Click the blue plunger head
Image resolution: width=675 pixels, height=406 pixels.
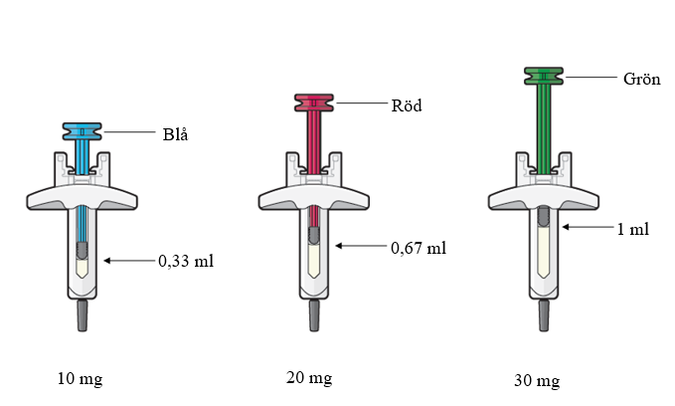[83, 131]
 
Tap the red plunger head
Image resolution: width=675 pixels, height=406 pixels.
[314, 103]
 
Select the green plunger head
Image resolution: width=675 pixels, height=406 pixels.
[544, 76]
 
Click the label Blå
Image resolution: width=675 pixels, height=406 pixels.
[175, 134]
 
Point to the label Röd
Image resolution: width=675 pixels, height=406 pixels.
[407, 105]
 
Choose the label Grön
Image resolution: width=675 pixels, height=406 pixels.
[642, 79]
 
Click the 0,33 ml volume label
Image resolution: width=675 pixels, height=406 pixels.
[186, 261]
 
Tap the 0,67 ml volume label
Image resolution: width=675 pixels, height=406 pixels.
[419, 248]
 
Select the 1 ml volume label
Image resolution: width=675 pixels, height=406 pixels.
[633, 229]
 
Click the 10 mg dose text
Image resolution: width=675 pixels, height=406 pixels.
[81, 379]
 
